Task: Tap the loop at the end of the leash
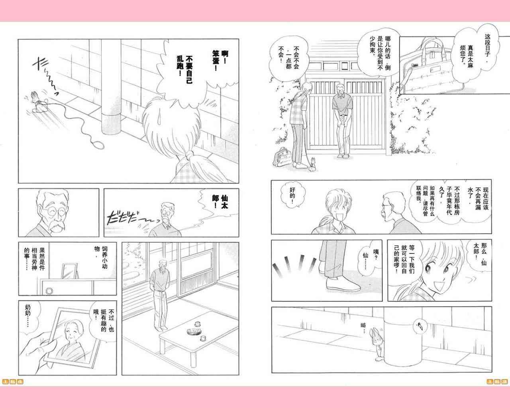pyautogui.click(x=98, y=144)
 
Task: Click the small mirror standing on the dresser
pyautogui.click(x=70, y=271)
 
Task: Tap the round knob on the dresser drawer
pyautogui.click(x=49, y=290)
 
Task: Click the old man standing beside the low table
pyautogui.click(x=160, y=295)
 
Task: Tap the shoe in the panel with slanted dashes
pyautogui.click(x=343, y=286)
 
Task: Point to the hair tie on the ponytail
pyautogui.click(x=190, y=156)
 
